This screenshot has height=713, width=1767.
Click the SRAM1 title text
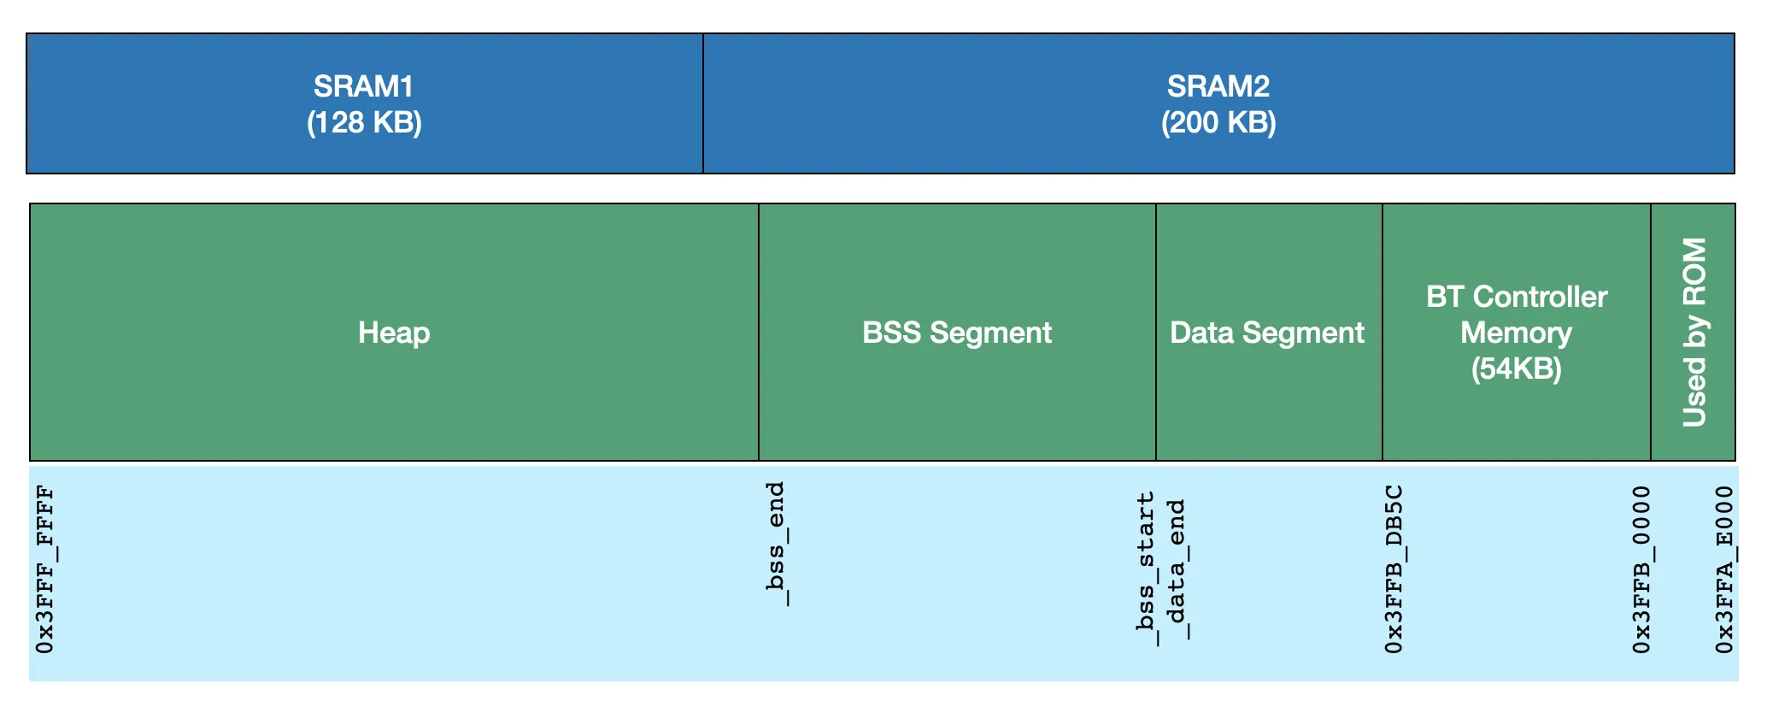[364, 85]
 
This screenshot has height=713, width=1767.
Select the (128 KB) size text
[364, 123]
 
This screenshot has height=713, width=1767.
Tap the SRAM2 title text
[1218, 85]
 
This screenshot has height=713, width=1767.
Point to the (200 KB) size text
[1218, 123]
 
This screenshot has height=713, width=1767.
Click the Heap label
[394, 333]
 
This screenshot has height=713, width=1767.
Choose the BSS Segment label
[957, 333]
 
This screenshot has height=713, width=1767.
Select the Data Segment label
[1267, 333]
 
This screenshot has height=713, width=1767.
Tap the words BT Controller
[1517, 297]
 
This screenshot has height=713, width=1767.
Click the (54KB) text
[1517, 368]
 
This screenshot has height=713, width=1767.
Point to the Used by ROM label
[1694, 333]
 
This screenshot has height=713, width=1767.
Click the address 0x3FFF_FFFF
[45, 569]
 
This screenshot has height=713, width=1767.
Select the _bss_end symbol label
[775, 544]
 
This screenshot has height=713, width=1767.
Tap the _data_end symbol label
[1177, 569]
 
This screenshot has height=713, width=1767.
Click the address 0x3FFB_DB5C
[1394, 569]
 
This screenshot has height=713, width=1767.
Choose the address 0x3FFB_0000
[1641, 569]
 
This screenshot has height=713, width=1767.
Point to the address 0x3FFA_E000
[1725, 569]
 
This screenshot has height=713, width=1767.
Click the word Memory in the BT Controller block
[1517, 333]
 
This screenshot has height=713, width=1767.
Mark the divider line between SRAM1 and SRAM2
[703, 103]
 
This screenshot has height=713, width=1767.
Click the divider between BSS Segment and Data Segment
[1156, 333]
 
